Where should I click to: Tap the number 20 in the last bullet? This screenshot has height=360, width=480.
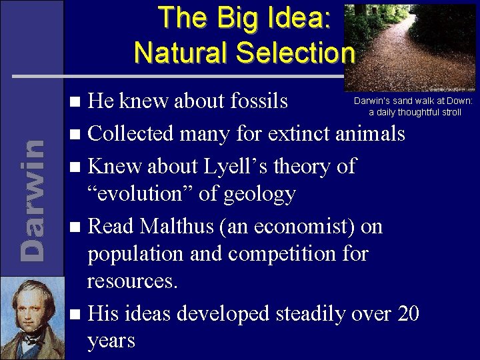click(407, 313)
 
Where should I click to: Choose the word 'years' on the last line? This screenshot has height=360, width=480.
click(111, 341)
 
